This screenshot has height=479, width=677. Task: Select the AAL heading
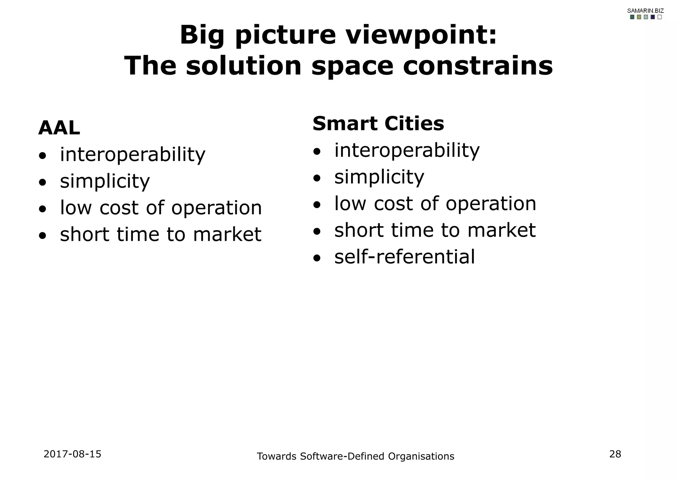[59, 128]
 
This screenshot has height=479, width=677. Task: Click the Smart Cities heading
[378, 124]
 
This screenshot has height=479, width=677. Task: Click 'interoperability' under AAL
[133, 154]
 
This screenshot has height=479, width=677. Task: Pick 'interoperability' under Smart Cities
[407, 150]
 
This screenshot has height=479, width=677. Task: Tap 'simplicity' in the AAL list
[105, 181]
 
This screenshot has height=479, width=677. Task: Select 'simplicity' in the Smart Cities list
[379, 177]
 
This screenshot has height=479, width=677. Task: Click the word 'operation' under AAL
[217, 208]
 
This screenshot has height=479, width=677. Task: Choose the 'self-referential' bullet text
[404, 257]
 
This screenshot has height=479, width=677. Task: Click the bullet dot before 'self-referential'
[317, 258]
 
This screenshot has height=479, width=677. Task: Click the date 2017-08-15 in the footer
[72, 454]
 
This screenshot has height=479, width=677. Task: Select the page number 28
[615, 454]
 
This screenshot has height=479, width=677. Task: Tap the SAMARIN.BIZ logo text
[645, 11]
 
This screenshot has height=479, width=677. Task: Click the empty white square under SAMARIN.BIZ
[659, 17]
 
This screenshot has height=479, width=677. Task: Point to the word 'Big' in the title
[202, 35]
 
